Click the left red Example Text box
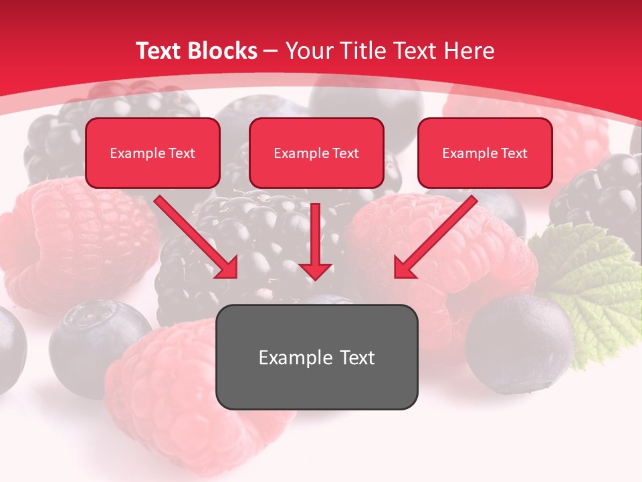152,153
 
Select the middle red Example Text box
316,153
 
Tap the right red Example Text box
485,153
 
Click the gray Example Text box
316,357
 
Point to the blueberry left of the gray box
94,341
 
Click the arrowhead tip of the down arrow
316,277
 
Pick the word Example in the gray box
286,357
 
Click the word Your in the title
309,51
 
